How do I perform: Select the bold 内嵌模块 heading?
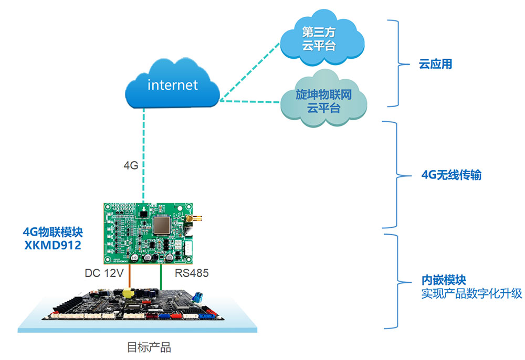pos(444,281)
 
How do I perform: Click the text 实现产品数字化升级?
pos(471,293)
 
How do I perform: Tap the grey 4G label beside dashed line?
pos(130,165)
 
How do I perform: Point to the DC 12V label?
pos(104,273)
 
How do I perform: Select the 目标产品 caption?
pos(149,347)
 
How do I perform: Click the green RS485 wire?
pos(161,276)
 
